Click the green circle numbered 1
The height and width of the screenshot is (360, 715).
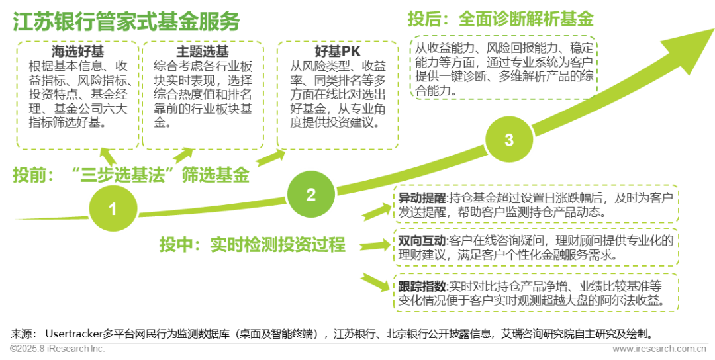pyautogui.click(x=113, y=210)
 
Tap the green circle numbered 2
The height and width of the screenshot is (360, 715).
pyautogui.click(x=310, y=195)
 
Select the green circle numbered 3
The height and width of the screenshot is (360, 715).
pyautogui.click(x=508, y=140)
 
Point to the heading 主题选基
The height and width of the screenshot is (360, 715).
pyautogui.click(x=203, y=51)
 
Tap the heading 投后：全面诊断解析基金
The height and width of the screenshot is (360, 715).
pyautogui.click(x=501, y=19)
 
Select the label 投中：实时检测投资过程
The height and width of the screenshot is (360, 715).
pyautogui.click(x=252, y=244)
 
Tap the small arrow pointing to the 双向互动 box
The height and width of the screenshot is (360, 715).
pyautogui.click(x=375, y=243)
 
